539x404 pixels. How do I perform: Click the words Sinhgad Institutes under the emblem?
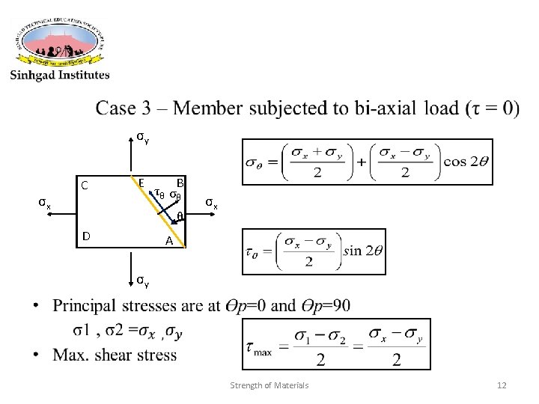pyautogui.click(x=60, y=74)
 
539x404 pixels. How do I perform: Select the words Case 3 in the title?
pyautogui.click(x=131, y=108)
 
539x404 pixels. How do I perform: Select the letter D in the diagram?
pyautogui.click(x=87, y=236)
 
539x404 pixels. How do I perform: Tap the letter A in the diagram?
pyautogui.click(x=169, y=242)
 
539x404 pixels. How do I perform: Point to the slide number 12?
pyautogui.click(x=502, y=385)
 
